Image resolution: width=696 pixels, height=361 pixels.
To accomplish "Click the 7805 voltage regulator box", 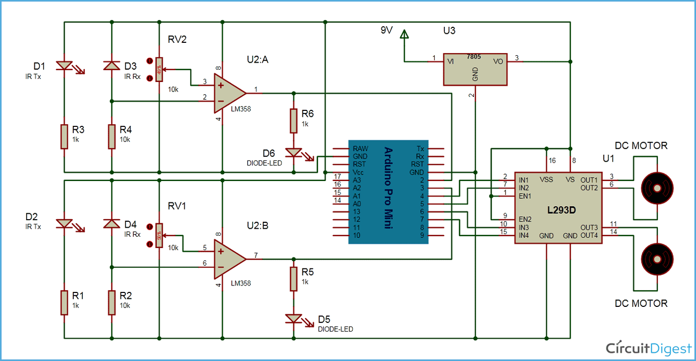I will pyautogui.click(x=475, y=69).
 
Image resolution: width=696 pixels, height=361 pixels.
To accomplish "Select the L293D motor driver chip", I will pyautogui.click(x=561, y=208).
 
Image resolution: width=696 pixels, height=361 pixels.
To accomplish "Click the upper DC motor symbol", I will pyautogui.click(x=656, y=188).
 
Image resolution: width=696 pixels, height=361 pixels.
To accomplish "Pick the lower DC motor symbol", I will pyautogui.click(x=656, y=258).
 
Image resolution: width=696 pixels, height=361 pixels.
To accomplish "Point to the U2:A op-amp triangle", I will pyautogui.click(x=229, y=93).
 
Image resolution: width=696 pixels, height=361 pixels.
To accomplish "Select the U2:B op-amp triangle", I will pyautogui.click(x=229, y=259).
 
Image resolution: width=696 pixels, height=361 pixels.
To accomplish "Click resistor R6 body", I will pyautogui.click(x=293, y=121).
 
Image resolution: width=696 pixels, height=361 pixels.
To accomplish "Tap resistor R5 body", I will pyautogui.click(x=293, y=279).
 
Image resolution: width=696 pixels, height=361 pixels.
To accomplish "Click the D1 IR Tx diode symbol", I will pyautogui.click(x=64, y=66).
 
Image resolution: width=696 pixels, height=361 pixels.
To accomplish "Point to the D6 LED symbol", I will pyautogui.click(x=293, y=153).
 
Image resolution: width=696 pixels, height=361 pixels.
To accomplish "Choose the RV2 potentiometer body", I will pyautogui.click(x=158, y=69).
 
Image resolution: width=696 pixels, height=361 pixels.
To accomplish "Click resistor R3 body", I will pyautogui.click(x=64, y=136).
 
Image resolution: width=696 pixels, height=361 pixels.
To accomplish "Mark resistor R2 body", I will pyautogui.click(x=111, y=302).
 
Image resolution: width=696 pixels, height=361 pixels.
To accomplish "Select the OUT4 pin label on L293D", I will pyautogui.click(x=589, y=235).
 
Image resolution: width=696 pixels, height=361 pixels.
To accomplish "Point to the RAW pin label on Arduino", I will pyautogui.click(x=361, y=148).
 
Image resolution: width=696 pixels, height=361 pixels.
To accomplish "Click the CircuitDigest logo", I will pyautogui.click(x=648, y=349).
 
